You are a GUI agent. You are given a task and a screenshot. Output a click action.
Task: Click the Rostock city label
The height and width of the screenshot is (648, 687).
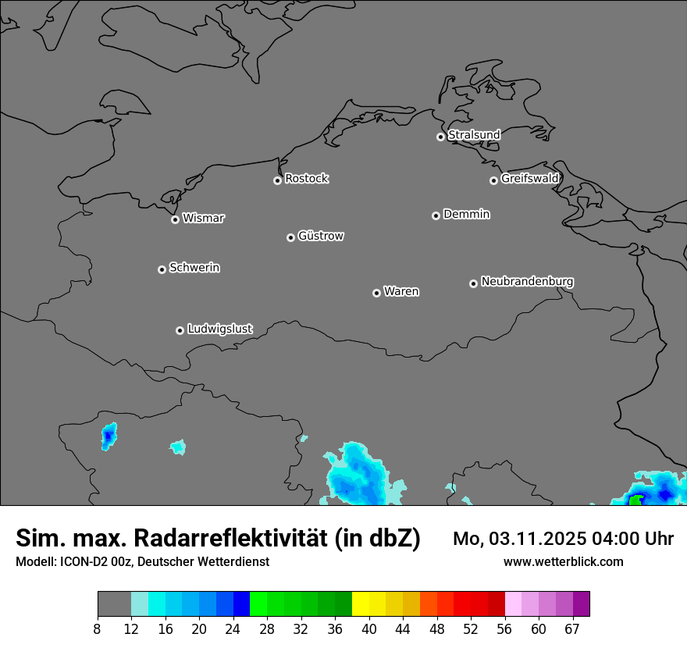[x=306, y=179]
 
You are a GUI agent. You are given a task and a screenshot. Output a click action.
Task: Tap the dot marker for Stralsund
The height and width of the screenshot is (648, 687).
[x=440, y=137]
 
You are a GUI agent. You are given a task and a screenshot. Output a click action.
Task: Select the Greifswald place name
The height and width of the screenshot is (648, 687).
[x=529, y=179]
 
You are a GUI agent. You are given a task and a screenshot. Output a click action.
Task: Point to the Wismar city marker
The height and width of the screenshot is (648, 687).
[x=175, y=219]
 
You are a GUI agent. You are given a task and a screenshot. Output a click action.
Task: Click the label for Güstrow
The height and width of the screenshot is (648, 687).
[x=321, y=236]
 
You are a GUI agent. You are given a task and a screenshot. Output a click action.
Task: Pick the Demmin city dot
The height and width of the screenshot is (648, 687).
[x=436, y=215]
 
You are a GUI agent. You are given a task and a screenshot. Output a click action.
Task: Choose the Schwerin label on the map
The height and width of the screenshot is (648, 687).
[x=194, y=268]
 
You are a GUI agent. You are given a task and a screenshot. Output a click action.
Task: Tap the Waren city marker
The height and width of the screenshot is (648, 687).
[x=376, y=293]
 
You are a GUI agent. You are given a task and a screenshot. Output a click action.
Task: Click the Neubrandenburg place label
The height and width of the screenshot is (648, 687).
[x=527, y=281]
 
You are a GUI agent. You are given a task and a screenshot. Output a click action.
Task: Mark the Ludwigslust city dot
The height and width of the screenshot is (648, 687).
[x=180, y=330]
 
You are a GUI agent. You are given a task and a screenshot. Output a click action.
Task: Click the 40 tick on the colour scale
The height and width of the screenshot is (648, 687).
[x=369, y=628]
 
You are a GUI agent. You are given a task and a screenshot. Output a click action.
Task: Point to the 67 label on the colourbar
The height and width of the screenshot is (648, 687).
[x=572, y=628]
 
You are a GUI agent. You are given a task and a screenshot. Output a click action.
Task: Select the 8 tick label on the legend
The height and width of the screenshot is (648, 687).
[x=98, y=628]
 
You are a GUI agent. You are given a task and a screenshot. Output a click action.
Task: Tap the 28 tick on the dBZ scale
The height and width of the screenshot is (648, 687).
[x=267, y=628]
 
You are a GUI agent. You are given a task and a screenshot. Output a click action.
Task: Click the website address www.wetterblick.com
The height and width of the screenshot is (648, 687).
[x=563, y=561]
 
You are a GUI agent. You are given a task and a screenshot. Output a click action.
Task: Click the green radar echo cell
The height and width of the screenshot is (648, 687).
[x=635, y=500]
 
